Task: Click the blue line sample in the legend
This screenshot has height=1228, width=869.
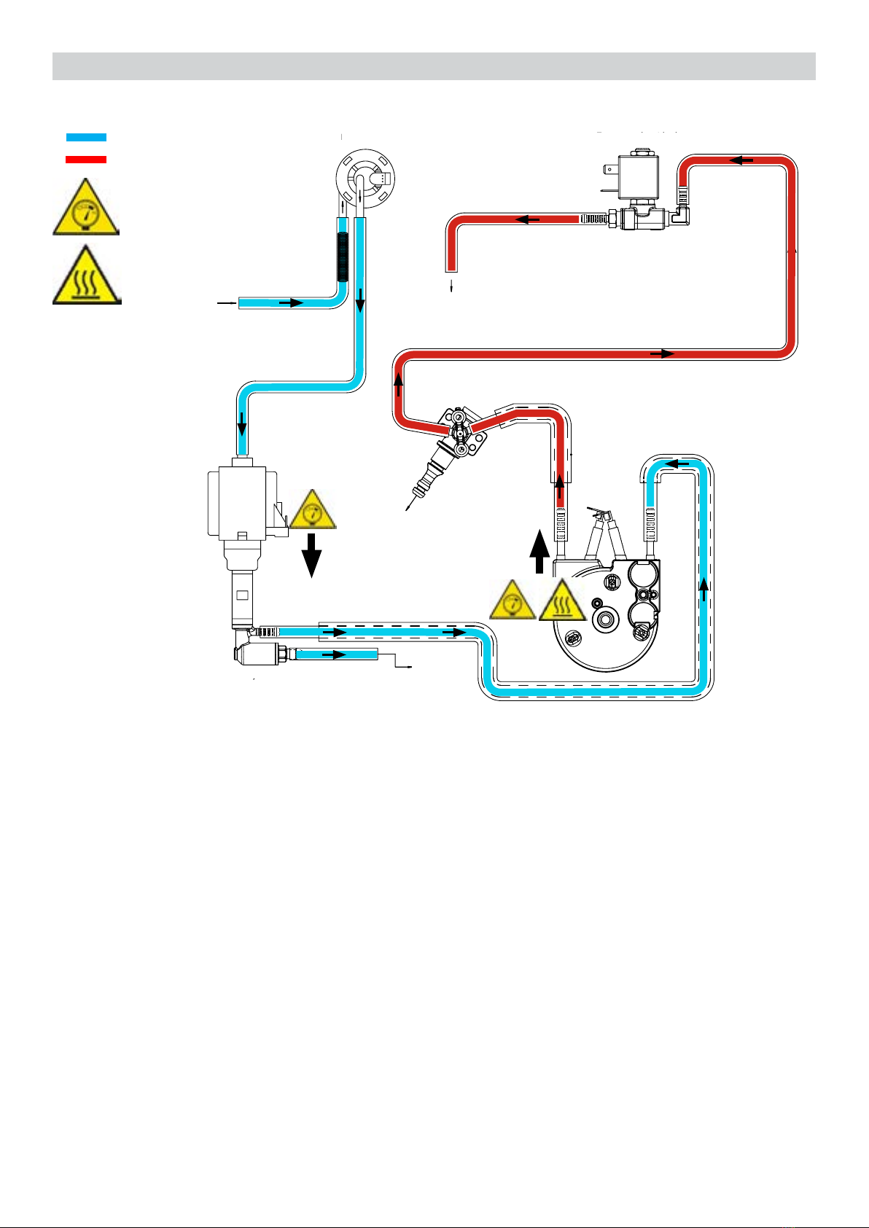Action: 86,137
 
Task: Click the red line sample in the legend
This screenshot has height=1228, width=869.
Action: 86,159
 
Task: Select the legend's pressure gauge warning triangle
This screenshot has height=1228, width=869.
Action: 86,209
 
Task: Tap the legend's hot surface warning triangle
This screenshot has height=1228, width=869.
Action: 87,277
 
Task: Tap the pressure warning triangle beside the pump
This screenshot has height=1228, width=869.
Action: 313,511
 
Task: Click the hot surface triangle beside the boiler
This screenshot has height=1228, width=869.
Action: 562,603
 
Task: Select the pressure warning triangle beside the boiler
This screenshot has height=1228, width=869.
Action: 513,603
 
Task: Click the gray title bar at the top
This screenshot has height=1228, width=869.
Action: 434,66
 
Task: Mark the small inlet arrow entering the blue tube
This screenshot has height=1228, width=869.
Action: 227,302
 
